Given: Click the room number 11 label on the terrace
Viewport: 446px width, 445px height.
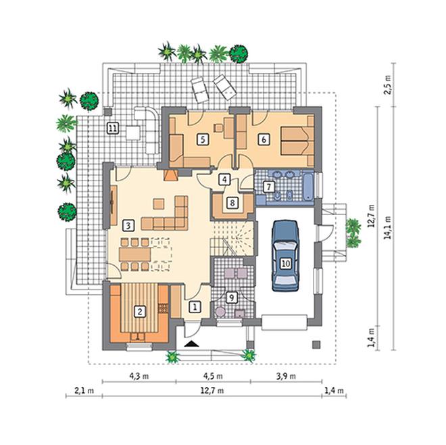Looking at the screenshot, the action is (113, 128).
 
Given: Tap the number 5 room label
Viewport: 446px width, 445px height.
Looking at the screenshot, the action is (203, 139).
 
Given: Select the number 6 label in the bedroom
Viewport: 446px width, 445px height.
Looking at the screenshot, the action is (264, 139).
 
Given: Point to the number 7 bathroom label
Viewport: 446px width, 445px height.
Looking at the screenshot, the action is (269, 187).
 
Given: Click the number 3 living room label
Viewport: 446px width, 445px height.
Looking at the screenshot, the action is (128, 225).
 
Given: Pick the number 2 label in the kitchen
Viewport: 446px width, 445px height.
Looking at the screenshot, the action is (140, 312).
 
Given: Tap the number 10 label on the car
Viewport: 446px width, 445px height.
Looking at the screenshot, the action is (286, 263).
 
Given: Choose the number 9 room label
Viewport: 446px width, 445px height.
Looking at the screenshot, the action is (232, 298).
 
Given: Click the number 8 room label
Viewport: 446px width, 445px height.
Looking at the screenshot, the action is (232, 203).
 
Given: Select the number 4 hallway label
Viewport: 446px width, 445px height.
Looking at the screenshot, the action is (224, 180).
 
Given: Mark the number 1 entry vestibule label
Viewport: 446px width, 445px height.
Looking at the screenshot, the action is (195, 307).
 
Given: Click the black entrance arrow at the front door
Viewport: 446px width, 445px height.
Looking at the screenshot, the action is (191, 344).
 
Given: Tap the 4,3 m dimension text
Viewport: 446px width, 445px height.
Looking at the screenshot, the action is (139, 376).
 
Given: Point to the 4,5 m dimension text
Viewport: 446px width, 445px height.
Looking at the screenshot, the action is (213, 376).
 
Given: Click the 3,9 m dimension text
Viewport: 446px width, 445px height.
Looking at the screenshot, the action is (286, 376).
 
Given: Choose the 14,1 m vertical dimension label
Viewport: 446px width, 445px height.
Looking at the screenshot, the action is (388, 227).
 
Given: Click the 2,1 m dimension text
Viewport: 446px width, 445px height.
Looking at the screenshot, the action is (84, 390).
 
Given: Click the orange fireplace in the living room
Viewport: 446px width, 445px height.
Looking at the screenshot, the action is (171, 175).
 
